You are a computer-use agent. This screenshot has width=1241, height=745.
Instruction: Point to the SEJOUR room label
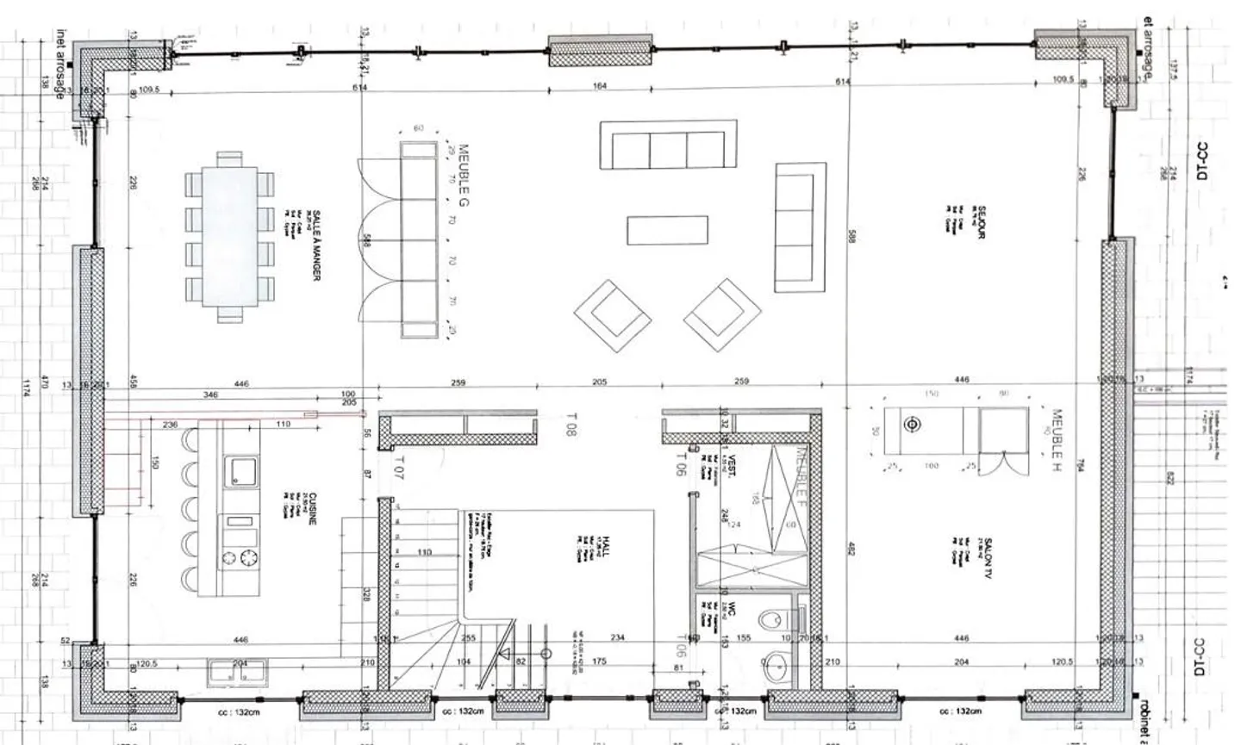(x=980, y=221)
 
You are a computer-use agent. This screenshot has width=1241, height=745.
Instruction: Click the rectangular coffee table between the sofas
(x=667, y=231)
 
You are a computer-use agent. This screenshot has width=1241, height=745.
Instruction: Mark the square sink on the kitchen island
(x=240, y=471)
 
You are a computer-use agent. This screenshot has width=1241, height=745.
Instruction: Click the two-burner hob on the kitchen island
(x=240, y=558)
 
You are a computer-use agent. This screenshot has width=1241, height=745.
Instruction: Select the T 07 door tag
(x=398, y=468)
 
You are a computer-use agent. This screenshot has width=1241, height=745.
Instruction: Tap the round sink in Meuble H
(x=912, y=425)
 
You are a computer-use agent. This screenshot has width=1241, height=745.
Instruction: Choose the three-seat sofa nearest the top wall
(x=668, y=145)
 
